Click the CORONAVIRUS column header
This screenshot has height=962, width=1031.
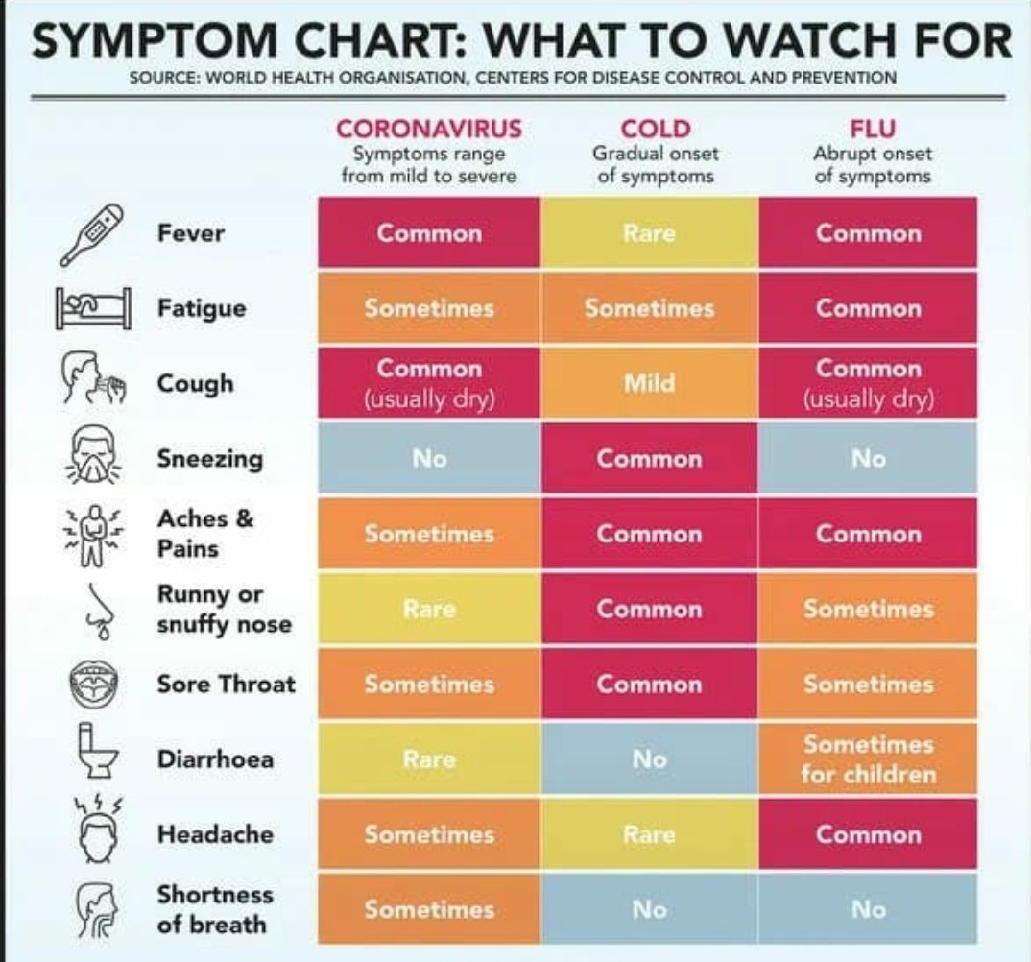point(429,129)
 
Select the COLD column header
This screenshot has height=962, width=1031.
point(656,129)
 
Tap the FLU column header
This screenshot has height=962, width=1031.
point(873,129)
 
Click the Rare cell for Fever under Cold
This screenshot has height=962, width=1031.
point(649,232)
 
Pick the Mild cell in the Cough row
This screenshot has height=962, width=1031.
point(649,383)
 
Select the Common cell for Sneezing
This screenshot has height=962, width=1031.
point(649,458)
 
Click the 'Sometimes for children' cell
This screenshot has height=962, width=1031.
point(868,758)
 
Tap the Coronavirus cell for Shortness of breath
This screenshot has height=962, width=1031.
point(429,909)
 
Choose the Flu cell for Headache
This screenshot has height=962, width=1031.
point(868,833)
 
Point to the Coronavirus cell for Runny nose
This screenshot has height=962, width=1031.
point(429,609)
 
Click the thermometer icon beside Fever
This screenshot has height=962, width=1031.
point(91,235)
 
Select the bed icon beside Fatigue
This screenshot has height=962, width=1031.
point(93,308)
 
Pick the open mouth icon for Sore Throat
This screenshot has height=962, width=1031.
point(95,684)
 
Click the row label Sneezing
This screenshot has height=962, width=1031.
point(209,458)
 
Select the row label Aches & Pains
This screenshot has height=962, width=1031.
point(205,533)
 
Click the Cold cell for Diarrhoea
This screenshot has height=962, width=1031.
point(649,758)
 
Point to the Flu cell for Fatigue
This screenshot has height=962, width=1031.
point(868,308)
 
